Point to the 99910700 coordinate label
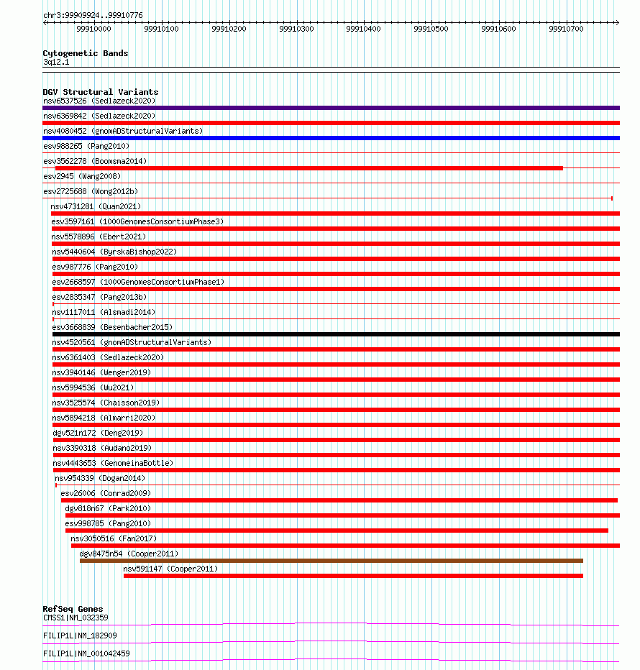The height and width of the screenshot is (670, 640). [x=567, y=29]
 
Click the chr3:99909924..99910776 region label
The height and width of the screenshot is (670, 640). [x=93, y=15]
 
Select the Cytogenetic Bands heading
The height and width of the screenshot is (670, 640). [x=86, y=53]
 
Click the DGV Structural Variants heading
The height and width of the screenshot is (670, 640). [x=101, y=92]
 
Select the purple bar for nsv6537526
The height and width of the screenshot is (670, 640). [x=331, y=108]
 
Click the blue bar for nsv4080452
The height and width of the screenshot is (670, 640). [x=331, y=138]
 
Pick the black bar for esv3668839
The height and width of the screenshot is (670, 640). [x=336, y=334]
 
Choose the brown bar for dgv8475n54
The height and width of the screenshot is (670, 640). [x=332, y=561]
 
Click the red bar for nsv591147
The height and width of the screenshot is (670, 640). [x=353, y=576]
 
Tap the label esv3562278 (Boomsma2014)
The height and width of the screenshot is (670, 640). [x=95, y=161]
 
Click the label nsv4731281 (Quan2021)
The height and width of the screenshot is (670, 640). [x=96, y=206]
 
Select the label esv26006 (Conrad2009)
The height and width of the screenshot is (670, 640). [x=106, y=493]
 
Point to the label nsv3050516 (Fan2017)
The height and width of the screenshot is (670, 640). [x=114, y=538]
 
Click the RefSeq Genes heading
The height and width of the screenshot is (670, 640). [x=73, y=610]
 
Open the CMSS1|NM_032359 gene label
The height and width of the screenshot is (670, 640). [x=76, y=618]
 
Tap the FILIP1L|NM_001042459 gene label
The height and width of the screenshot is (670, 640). [x=86, y=653]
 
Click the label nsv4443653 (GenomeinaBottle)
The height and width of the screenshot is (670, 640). [x=113, y=463]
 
